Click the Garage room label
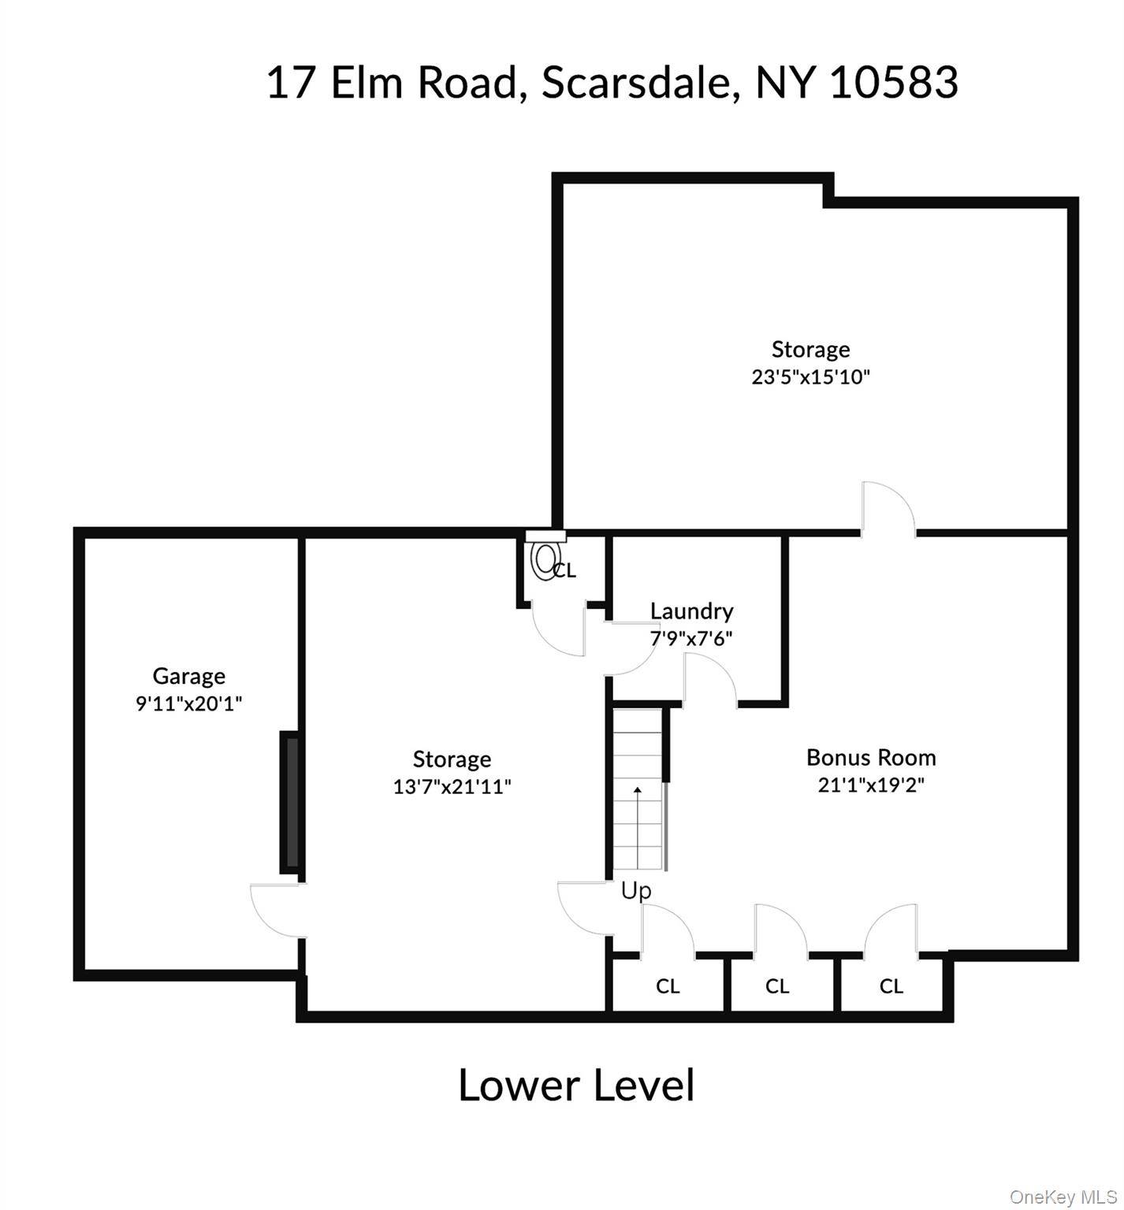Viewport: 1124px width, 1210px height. pyautogui.click(x=189, y=676)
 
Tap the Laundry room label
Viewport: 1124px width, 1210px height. pyautogui.click(x=692, y=611)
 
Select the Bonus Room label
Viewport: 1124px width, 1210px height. pyautogui.click(x=871, y=758)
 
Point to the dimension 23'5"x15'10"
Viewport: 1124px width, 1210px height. pyautogui.click(x=811, y=377)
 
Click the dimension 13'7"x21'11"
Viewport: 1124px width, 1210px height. pyautogui.click(x=452, y=786)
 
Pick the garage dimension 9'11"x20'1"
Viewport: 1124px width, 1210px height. pyautogui.click(x=189, y=703)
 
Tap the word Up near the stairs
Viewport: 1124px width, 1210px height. pyautogui.click(x=636, y=891)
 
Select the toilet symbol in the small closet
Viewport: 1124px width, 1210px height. pyautogui.click(x=545, y=561)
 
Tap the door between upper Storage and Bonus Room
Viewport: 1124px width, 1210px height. pyautogui.click(x=888, y=509)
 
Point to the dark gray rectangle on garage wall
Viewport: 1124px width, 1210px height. pyautogui.click(x=289, y=802)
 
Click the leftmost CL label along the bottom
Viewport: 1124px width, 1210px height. pyautogui.click(x=668, y=986)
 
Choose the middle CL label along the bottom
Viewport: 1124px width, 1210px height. pyautogui.click(x=777, y=986)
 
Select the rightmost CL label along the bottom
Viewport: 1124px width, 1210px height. pyautogui.click(x=891, y=986)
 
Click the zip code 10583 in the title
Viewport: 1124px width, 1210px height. pyautogui.click(x=895, y=82)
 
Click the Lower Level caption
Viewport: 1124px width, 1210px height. pyautogui.click(x=576, y=1085)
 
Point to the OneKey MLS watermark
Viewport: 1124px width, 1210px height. pyautogui.click(x=1065, y=1197)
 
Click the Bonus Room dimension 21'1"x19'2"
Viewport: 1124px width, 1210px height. pyautogui.click(x=871, y=785)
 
